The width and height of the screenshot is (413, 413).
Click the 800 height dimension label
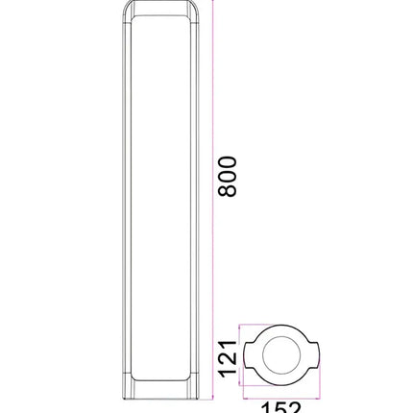tap(228, 176)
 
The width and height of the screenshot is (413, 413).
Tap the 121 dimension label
tap(227, 358)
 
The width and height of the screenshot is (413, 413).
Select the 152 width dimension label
tap(282, 407)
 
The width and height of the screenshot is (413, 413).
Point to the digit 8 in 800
tap(228, 190)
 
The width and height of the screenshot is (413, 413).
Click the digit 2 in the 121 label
tap(227, 358)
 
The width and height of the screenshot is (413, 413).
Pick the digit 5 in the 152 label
tap(282, 407)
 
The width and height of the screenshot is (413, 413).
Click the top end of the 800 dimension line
tap(212, 3)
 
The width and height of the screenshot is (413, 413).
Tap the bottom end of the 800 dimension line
tap(212, 395)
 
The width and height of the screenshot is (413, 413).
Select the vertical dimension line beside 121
tap(241, 357)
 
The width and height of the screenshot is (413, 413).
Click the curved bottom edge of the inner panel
tap(160, 377)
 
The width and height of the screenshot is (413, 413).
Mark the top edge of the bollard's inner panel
tap(160, 18)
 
